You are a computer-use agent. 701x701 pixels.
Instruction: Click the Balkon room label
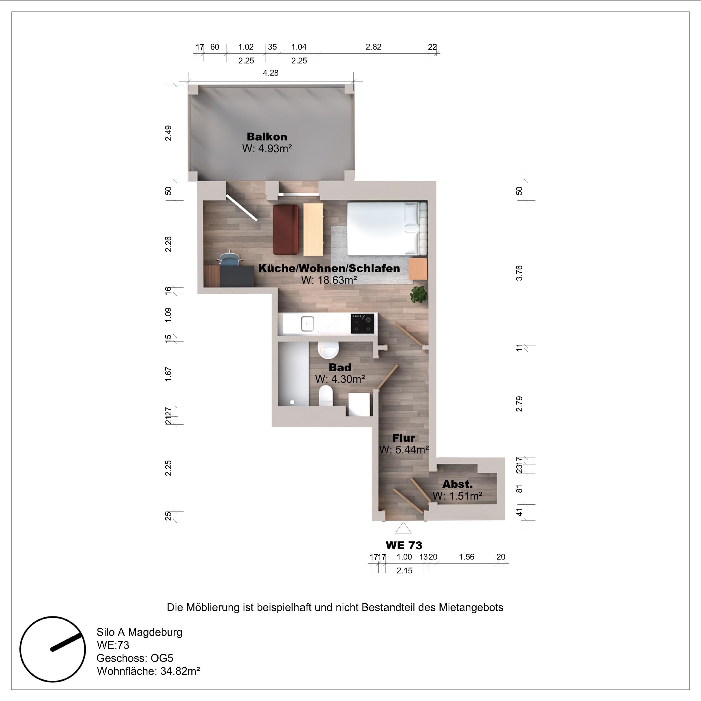[x=267, y=137]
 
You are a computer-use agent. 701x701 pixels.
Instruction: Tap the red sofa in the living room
[x=286, y=229]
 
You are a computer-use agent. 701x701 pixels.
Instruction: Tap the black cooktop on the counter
[x=362, y=324]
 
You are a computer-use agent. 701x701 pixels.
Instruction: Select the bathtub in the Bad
[x=294, y=374]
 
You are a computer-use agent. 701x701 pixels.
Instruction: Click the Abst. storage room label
[x=457, y=484]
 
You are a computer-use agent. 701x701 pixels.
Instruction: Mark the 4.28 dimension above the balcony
[x=270, y=73]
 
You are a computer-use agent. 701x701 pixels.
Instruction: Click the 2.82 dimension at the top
[x=373, y=47]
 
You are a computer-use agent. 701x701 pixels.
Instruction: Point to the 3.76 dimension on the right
[x=519, y=273]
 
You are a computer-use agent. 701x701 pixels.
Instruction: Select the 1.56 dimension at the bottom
[x=466, y=557]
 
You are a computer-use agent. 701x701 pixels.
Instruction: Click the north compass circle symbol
[x=53, y=649]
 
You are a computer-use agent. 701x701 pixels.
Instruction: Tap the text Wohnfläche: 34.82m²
[x=148, y=671]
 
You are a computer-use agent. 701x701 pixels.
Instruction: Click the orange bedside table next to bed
[x=418, y=269]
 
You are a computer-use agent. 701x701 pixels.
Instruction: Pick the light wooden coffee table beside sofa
[x=313, y=229]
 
